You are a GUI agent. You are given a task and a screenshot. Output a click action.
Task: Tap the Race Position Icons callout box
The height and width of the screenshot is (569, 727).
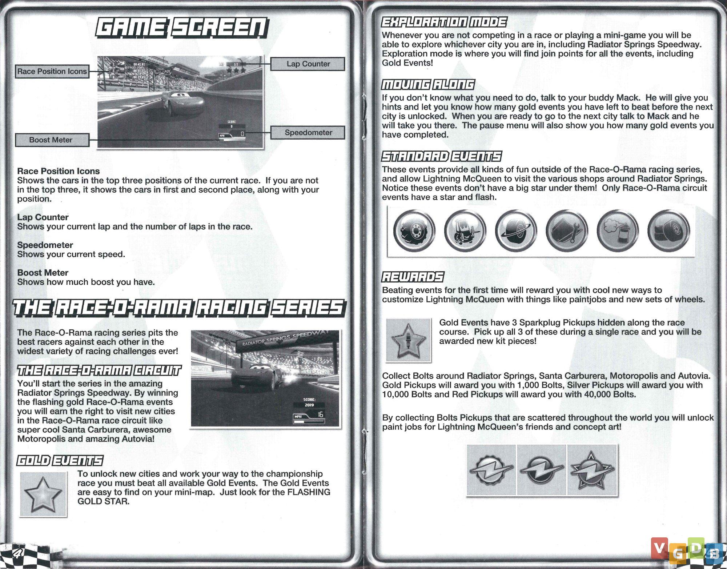pos(52,71)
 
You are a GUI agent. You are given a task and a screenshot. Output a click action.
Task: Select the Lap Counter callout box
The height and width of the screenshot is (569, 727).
pos(308,64)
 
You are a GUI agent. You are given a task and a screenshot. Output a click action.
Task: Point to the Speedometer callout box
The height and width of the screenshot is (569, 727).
pos(308,133)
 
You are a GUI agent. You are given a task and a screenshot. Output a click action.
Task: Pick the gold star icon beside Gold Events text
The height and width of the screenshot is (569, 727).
pos(43,494)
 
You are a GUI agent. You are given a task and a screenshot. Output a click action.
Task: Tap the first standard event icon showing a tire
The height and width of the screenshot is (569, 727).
pos(414,231)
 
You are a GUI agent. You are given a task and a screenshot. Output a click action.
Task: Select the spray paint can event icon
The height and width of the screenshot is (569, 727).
pos(617,231)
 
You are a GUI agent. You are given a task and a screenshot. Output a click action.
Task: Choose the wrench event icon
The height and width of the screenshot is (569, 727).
pos(566,231)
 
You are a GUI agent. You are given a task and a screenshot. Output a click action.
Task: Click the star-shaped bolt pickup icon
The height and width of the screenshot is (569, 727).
pos(592,470)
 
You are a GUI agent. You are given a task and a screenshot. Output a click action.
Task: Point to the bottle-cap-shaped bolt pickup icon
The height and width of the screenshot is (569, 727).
pos(491,470)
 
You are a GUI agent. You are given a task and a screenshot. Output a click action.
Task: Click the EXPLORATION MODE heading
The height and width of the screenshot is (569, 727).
pos(444,23)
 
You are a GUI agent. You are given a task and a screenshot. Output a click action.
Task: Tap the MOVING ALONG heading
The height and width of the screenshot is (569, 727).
pos(428,85)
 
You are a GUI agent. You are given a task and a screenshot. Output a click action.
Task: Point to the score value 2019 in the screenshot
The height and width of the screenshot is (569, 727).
pos(309,405)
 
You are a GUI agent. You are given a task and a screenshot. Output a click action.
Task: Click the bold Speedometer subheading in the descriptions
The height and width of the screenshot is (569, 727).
pos(45,245)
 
